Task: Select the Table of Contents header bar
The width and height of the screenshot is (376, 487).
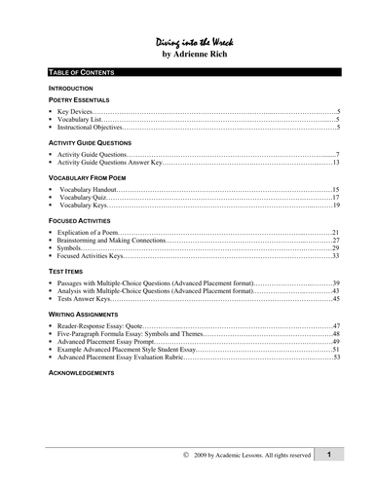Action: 188,74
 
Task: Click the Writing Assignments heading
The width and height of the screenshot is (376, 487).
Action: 80,316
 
